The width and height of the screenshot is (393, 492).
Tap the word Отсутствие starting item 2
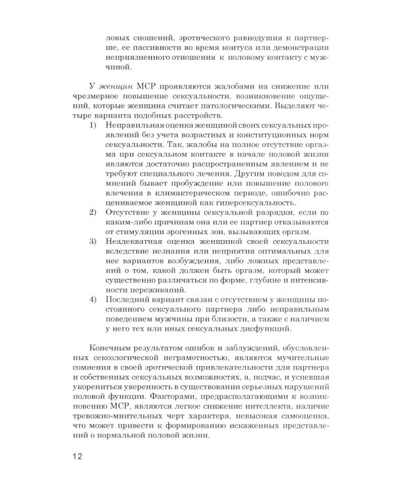pyautogui.click(x=129, y=214)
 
